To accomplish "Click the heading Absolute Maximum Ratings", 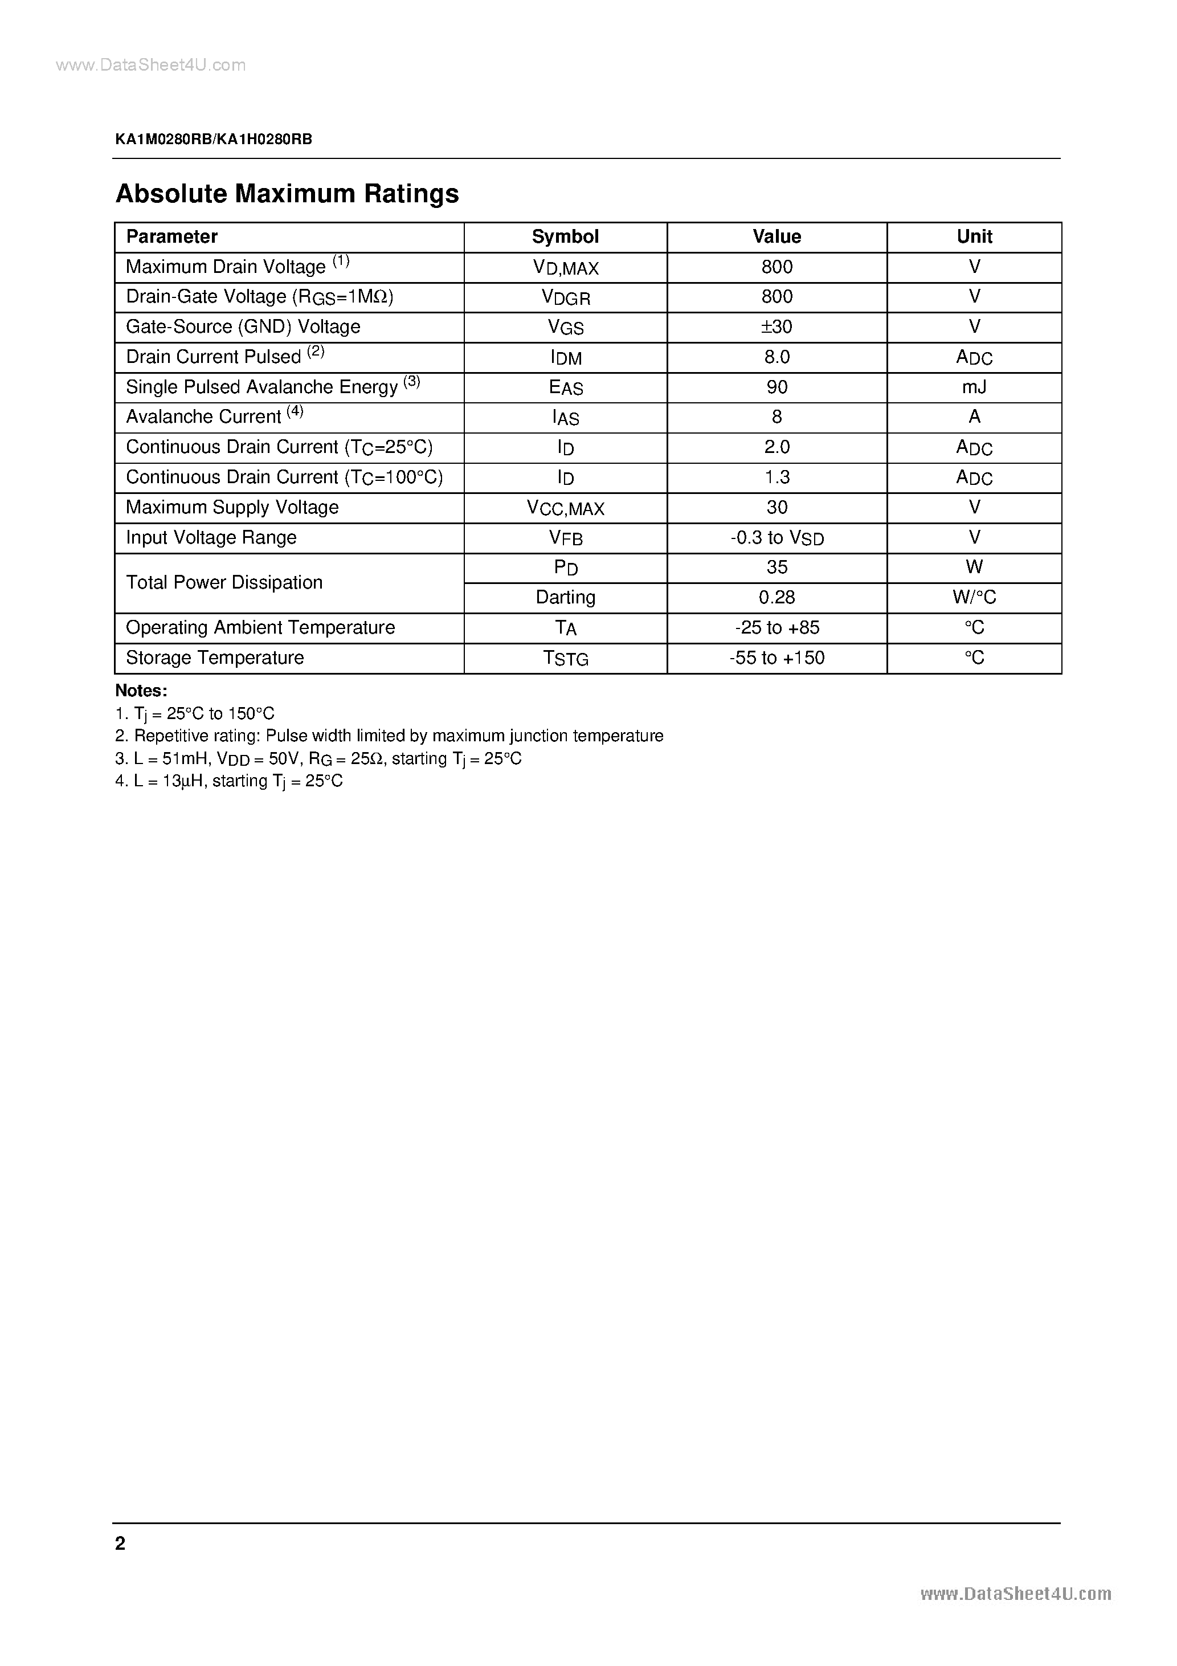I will (x=287, y=194).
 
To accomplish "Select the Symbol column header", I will (x=565, y=236).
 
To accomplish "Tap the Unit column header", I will (x=974, y=236).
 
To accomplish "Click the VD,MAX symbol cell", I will (x=565, y=268).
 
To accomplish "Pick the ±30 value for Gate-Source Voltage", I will (x=777, y=327).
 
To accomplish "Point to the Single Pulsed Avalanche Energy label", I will (x=262, y=387).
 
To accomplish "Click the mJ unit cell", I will (x=974, y=387).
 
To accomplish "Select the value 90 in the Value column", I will (x=777, y=387).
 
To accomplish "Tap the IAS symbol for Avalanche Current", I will (x=565, y=418).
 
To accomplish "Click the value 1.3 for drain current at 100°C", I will (x=777, y=477).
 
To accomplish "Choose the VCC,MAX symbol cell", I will (x=565, y=508).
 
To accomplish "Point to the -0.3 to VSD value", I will (x=777, y=538).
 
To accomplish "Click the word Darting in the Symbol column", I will (x=565, y=597).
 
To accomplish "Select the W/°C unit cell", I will (x=974, y=597).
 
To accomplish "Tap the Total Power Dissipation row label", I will (x=224, y=583).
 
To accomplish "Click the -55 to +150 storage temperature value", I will (x=777, y=658).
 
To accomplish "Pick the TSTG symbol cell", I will (x=565, y=658).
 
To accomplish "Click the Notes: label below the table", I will (x=141, y=691).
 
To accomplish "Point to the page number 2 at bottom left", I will (x=120, y=1543).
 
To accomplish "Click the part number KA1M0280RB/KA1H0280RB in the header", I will (x=213, y=140).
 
